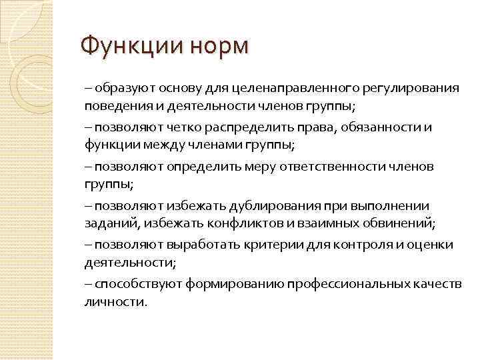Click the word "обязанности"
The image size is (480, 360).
(x=377, y=127)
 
